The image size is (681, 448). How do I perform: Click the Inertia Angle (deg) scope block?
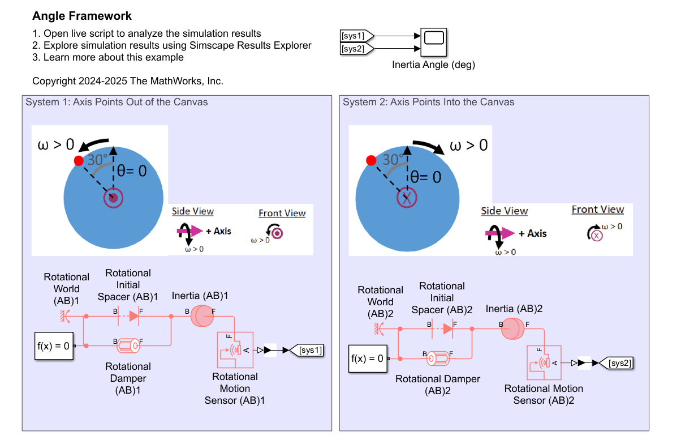(x=434, y=42)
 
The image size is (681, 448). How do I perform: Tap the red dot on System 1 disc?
(x=79, y=161)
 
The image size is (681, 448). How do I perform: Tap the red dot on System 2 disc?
(x=371, y=161)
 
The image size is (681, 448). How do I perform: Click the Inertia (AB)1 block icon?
(x=201, y=316)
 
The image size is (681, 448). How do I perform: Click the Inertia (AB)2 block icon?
(x=514, y=329)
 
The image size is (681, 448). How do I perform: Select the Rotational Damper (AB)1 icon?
(x=129, y=344)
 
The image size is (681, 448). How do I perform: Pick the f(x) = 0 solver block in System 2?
(x=368, y=359)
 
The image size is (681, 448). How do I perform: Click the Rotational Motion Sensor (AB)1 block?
(x=236, y=349)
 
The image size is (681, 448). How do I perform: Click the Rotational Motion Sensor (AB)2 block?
(x=544, y=362)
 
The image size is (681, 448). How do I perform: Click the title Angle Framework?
(x=82, y=16)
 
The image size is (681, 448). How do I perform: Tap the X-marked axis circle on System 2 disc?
(x=406, y=198)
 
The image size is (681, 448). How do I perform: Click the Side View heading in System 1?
(x=193, y=211)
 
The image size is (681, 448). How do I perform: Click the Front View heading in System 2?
(x=597, y=210)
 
